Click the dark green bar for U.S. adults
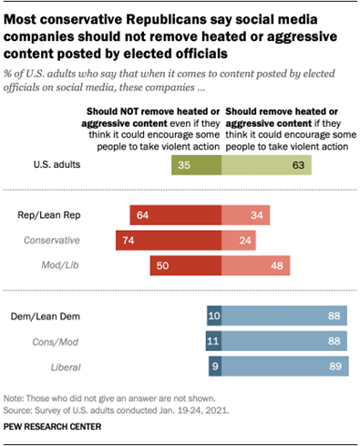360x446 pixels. click(196, 166)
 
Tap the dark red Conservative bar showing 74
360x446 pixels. click(168, 240)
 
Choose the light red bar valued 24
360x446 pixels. click(246, 240)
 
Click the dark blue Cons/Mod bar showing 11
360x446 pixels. click(213, 340)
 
